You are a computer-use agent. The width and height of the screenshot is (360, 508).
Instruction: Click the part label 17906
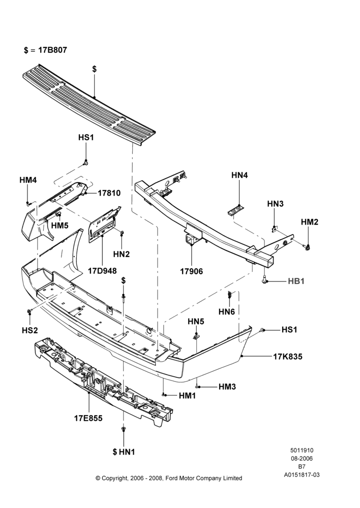191,271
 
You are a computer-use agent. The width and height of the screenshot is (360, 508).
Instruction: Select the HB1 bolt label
296,281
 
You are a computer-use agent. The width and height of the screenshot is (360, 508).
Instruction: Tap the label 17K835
288,357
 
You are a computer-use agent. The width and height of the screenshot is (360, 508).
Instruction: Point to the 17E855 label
88,418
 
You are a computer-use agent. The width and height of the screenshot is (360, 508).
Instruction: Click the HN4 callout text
239,175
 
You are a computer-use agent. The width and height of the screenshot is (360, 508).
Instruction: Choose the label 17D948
102,270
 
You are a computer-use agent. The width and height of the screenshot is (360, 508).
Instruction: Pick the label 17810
109,193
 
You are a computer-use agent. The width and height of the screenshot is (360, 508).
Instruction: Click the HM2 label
309,222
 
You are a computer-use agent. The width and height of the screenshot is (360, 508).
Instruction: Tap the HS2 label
30,330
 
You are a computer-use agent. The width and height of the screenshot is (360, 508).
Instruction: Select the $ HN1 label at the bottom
124,452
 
